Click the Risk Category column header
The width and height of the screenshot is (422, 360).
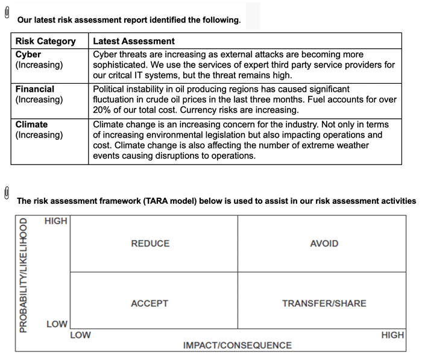click(46, 42)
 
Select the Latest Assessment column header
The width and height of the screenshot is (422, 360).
click(134, 42)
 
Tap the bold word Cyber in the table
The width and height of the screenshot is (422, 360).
click(28, 54)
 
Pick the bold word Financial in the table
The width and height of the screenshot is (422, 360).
click(35, 89)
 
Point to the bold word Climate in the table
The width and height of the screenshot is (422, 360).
click(31, 124)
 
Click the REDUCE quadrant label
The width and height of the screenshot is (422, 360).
click(150, 244)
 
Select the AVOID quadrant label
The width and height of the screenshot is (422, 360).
click(324, 244)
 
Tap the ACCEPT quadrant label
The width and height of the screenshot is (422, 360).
click(150, 303)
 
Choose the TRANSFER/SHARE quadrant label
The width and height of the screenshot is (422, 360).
click(324, 303)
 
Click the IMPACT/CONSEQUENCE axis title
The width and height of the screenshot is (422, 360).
click(238, 346)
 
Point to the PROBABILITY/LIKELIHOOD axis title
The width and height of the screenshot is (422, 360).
click(24, 276)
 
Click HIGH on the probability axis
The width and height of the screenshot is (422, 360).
click(56, 221)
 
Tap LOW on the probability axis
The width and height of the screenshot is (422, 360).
click(57, 324)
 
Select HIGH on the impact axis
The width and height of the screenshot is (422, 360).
click(392, 335)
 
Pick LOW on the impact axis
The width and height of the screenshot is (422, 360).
click(81, 335)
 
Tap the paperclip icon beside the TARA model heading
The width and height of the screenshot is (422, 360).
click(7, 192)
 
